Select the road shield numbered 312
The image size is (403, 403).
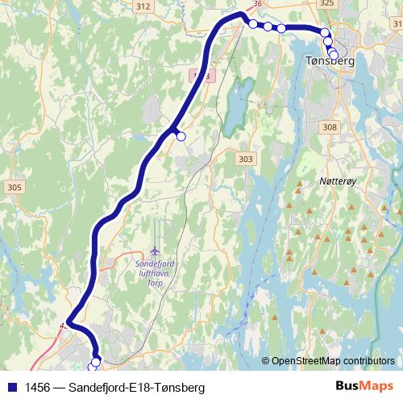(143, 6)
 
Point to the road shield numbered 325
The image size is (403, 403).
(326, 4)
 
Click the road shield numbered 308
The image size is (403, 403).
(329, 127)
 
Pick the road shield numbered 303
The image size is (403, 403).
(246, 160)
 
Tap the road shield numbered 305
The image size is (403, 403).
(13, 187)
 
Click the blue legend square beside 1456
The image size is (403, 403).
(11, 388)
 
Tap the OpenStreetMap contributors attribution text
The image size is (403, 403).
(332, 360)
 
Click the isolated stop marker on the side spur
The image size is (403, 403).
(181, 137)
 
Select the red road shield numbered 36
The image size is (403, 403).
(258, 4)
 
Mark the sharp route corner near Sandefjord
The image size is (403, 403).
(68, 322)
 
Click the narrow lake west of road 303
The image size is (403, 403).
(232, 109)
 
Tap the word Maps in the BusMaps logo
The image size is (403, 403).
(378, 387)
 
